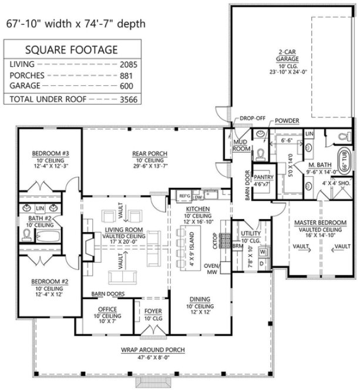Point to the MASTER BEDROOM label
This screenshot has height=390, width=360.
pyautogui.click(x=319, y=223)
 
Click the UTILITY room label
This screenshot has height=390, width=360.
pyautogui.click(x=250, y=233)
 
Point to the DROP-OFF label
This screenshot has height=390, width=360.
pyautogui.click(x=253, y=119)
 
